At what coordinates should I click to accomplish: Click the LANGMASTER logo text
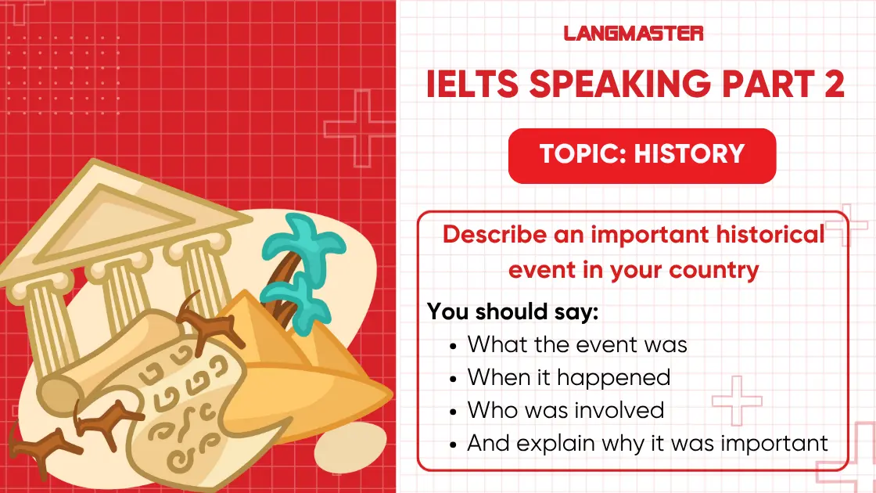634,33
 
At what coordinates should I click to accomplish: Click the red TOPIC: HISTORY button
642,154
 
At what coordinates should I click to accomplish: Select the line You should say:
512,311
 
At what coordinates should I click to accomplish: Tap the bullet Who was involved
565,409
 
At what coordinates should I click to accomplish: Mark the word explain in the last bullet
550,443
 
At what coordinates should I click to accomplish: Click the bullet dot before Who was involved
455,410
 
